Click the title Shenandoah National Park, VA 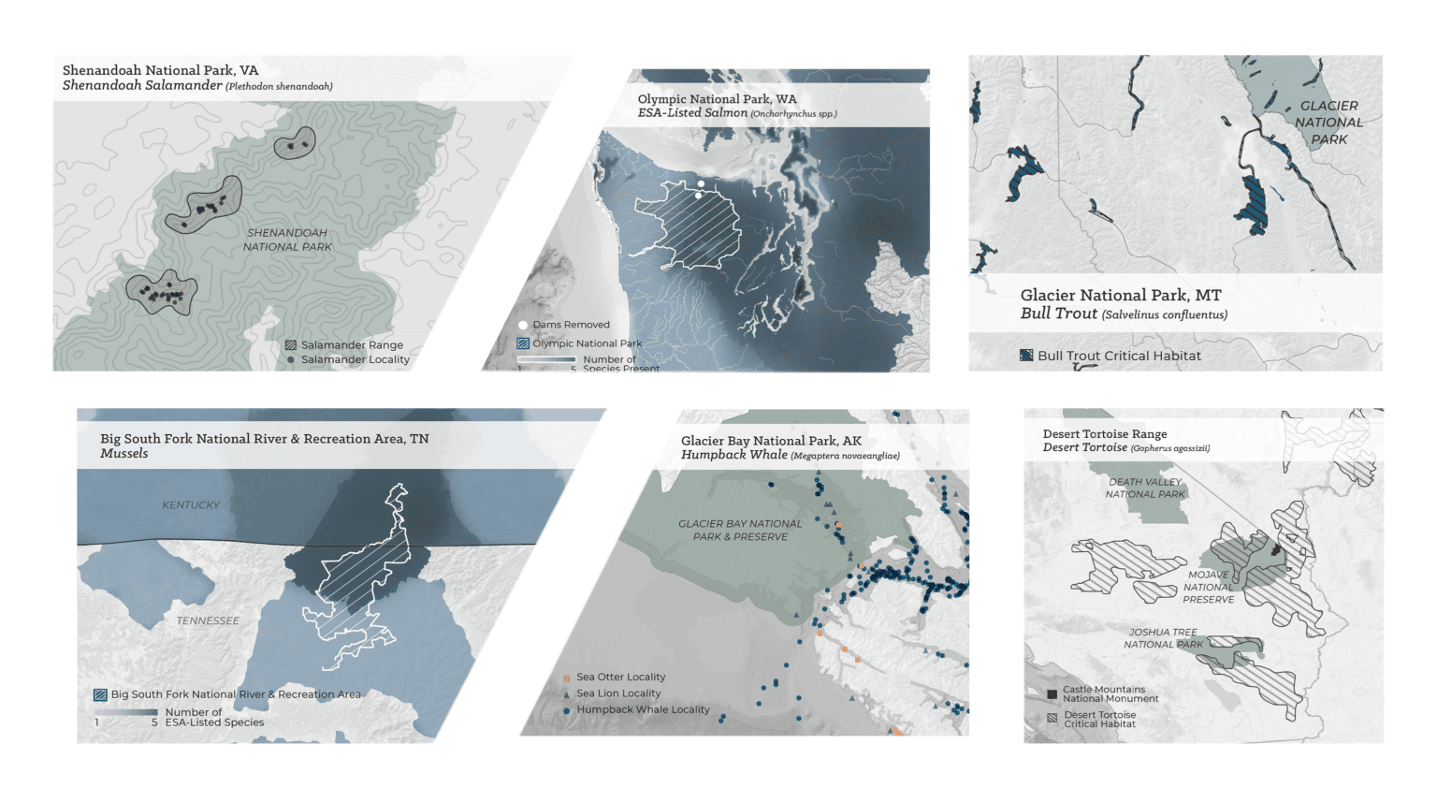coord(160,70)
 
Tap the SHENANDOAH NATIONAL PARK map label coord(287,240)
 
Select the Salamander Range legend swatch coord(291,345)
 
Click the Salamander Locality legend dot coord(291,359)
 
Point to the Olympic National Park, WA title coord(717,99)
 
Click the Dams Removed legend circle coord(523,325)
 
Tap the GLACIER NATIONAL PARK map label coord(1328,123)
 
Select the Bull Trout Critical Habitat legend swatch coord(1026,356)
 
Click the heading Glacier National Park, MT coord(1120,295)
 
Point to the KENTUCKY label coord(191,505)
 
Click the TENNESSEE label coord(208,620)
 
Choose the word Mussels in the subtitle coord(124,454)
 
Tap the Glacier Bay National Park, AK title coord(771,441)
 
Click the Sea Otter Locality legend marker coord(567,678)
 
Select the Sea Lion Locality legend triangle coord(567,694)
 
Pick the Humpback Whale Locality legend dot coord(567,711)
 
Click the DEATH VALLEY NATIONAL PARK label coord(1145,488)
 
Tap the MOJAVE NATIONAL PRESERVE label coord(1209,588)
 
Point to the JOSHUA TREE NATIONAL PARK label coord(1163,638)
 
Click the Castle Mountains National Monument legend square coord(1052,694)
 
